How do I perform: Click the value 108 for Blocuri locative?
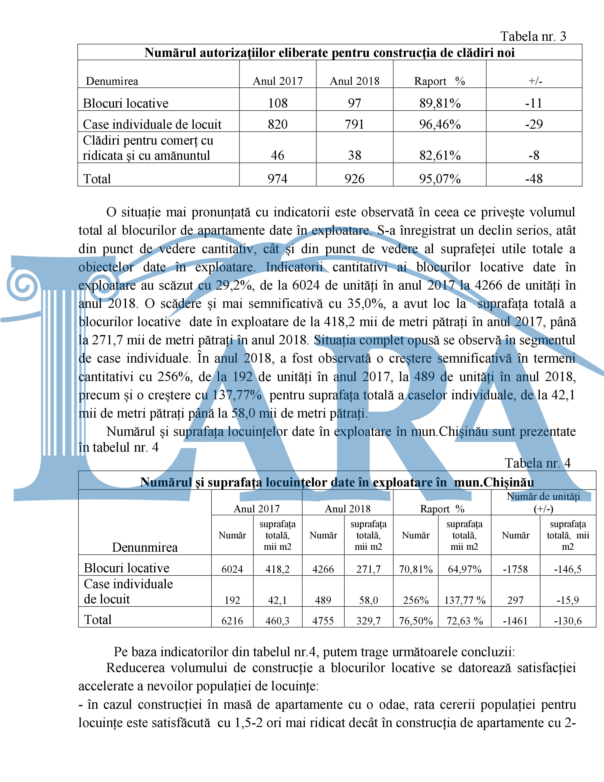[x=278, y=104]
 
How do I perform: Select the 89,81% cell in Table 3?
[x=440, y=104]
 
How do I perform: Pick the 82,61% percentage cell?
[x=440, y=155]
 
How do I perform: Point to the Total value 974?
[x=278, y=179]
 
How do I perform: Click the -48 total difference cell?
[x=534, y=179]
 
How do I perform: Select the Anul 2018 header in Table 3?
[x=354, y=81]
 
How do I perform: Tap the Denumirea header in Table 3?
[x=112, y=81]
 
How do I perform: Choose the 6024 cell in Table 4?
[x=232, y=569]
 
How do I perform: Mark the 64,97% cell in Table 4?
[x=464, y=569]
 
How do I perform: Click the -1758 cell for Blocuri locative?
[x=515, y=569]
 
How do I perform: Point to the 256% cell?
[x=416, y=600]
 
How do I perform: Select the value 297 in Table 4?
[x=515, y=600]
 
